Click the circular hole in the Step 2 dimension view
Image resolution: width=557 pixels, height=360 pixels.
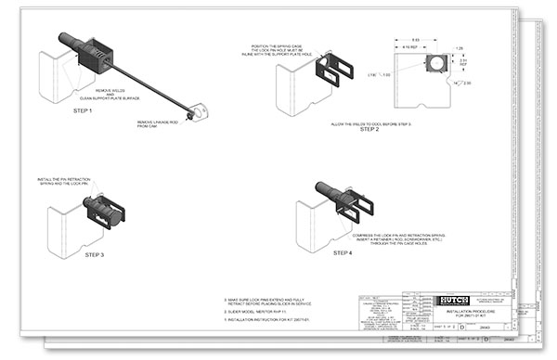tap(434, 63)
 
